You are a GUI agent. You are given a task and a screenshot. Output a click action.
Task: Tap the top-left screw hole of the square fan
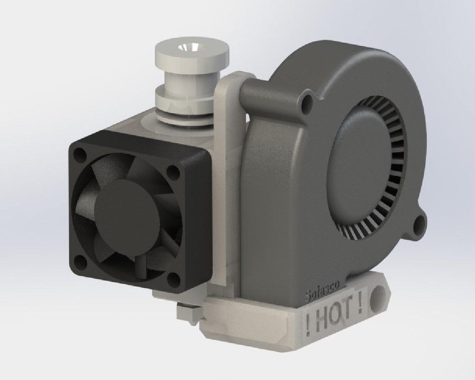[80, 154]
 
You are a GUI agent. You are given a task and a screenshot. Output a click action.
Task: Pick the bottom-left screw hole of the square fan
[81, 260]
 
